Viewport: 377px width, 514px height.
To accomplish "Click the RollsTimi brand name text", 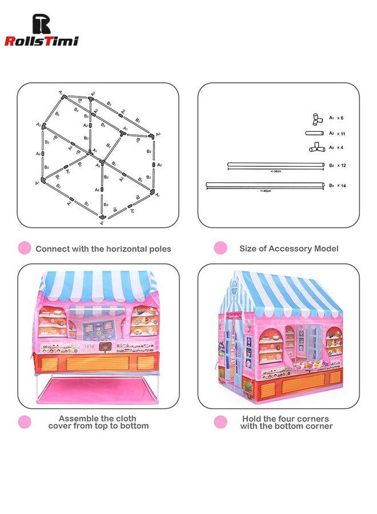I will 41,41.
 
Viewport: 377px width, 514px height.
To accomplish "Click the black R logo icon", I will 41,24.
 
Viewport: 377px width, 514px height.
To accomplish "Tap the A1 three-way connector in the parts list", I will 314,119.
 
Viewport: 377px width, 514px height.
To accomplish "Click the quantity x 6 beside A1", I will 340,118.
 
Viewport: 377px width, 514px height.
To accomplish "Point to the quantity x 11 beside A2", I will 340,134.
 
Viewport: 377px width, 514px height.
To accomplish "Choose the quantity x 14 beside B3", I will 341,186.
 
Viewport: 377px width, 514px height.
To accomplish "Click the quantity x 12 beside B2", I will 341,165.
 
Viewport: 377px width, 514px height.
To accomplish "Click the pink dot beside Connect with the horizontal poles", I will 24,248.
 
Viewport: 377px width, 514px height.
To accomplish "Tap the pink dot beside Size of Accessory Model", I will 220,248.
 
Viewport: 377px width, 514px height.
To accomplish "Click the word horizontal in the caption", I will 120,249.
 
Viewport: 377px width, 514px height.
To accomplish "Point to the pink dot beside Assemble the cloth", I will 24,422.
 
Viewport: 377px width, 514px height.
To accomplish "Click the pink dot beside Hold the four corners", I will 220,422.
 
